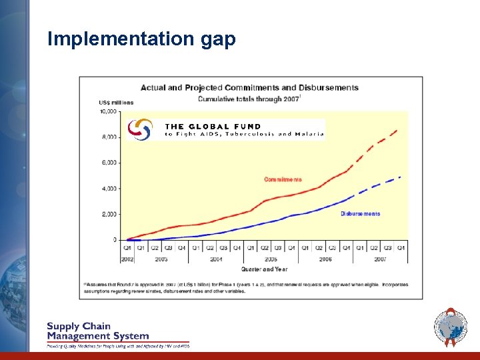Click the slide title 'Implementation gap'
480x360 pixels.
[x=142, y=39]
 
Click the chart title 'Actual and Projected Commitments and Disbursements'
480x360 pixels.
[x=249, y=87]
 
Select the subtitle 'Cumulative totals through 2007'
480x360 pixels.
[x=249, y=99]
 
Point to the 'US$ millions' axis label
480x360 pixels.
[x=116, y=103]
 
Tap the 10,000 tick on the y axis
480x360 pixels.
[x=107, y=111]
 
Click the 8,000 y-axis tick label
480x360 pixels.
[x=109, y=137]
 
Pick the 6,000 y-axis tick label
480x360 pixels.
[x=109, y=163]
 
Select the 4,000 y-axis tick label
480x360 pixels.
[x=109, y=189]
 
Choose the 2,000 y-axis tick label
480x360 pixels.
[x=109, y=214]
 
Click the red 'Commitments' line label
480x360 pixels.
[x=283, y=179]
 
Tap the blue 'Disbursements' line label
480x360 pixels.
[x=360, y=213]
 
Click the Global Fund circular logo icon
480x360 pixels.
[x=140, y=129]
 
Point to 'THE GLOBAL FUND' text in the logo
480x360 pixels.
[x=213, y=126]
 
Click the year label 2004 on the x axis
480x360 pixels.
[x=216, y=258]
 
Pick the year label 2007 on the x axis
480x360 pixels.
[x=381, y=258]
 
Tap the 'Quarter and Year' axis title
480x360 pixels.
[x=265, y=269]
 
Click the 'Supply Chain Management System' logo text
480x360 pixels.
[x=97, y=331]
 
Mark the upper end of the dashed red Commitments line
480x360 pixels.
[x=398, y=130]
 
